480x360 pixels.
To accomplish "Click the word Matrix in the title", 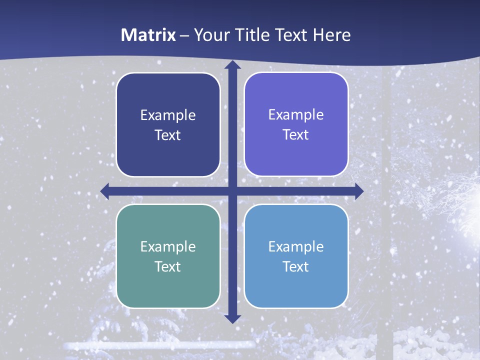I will [148, 35].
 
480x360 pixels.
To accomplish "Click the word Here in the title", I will [332, 35].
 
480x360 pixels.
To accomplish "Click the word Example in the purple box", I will [296, 115].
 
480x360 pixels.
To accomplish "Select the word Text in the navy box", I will [168, 135].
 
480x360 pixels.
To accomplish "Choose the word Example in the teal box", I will [168, 246].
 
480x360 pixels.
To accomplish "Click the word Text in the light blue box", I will [296, 266].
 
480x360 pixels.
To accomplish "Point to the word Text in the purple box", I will [296, 135].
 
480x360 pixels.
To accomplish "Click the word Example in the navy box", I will [168, 115].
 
